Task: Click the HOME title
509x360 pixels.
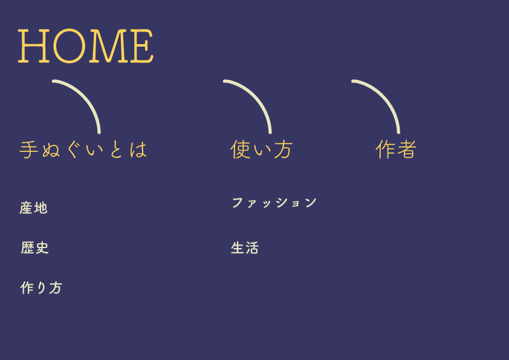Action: tap(85, 46)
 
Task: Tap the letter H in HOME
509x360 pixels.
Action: tap(34, 46)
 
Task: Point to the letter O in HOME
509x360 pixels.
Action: tap(69, 46)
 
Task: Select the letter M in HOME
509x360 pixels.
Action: tap(108, 46)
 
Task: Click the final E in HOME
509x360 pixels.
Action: tap(141, 46)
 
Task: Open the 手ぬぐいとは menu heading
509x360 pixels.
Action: tap(83, 150)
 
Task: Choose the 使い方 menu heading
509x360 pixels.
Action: tap(261, 149)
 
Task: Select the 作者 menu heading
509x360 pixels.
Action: tap(396, 149)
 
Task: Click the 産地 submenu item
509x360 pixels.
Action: tap(33, 208)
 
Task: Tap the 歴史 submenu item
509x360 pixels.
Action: tap(34, 247)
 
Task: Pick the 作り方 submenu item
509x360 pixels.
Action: tap(41, 288)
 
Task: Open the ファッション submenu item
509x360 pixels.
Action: tap(274, 203)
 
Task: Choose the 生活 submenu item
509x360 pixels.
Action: tap(245, 248)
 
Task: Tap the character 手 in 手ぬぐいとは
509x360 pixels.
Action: tap(28, 150)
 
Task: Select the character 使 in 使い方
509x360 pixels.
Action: tap(240, 149)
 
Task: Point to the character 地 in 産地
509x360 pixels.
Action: tap(41, 208)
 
